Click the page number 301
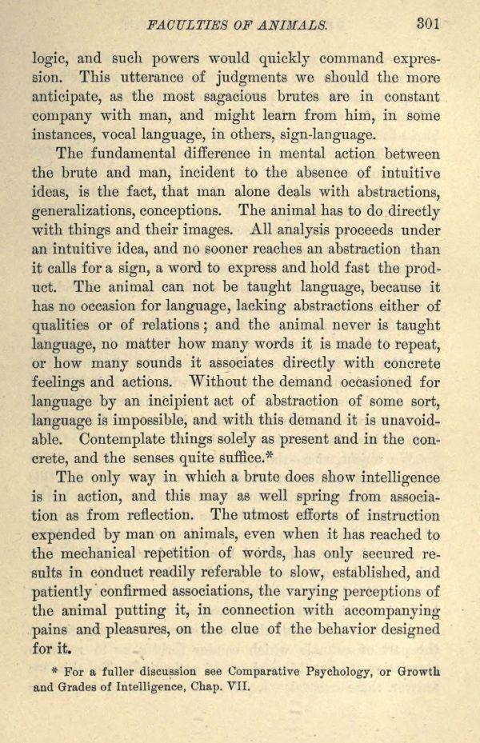click(x=428, y=24)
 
